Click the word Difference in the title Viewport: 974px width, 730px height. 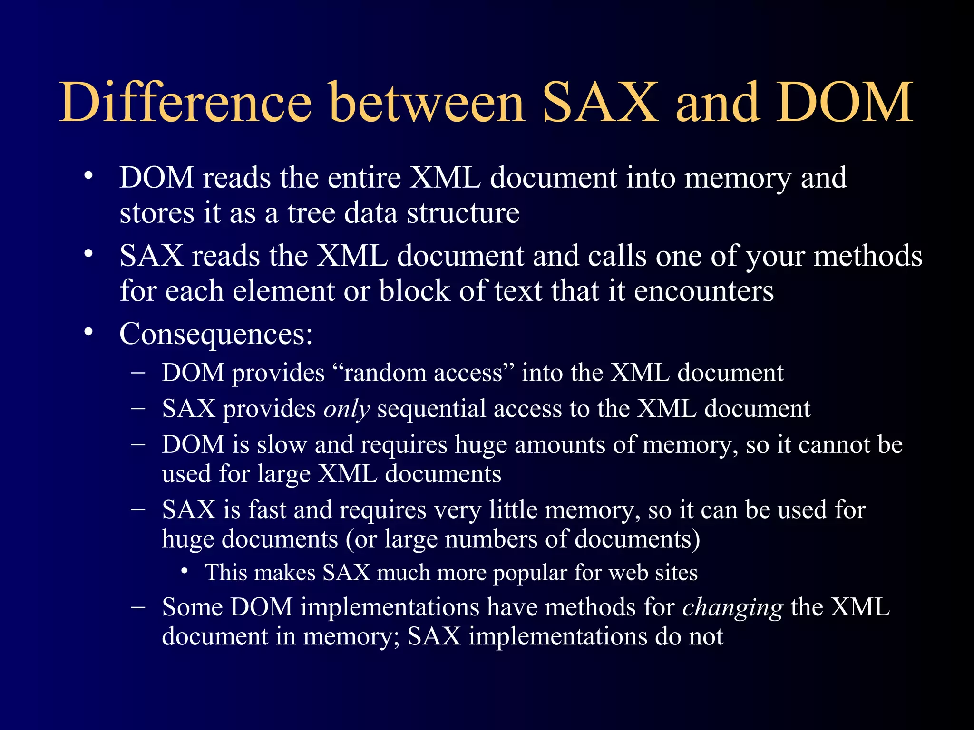185,102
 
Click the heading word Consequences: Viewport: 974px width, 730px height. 216,334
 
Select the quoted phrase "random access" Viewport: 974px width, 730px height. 423,373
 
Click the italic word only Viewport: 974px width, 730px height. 346,409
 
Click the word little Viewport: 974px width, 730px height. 513,509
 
